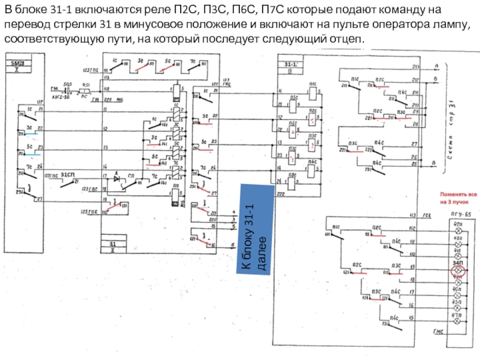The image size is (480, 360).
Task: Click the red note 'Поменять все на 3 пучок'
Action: (459, 198)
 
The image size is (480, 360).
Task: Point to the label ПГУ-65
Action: (460, 214)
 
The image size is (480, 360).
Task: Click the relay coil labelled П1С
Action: (312, 92)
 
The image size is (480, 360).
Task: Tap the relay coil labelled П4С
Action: (312, 162)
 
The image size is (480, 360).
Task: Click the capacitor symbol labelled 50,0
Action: (68, 91)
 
